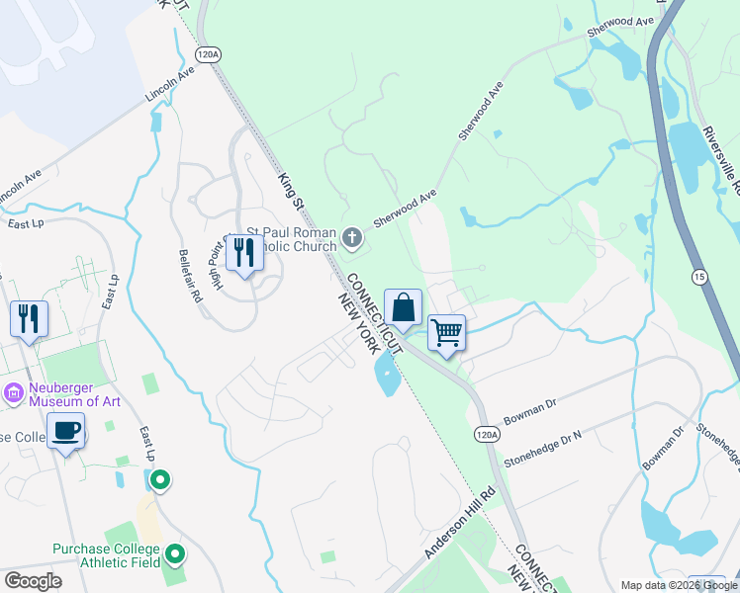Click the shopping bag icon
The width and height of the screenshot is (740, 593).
point(404,307)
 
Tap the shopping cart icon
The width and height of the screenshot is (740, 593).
point(447,333)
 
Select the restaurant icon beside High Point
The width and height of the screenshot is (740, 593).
point(243,253)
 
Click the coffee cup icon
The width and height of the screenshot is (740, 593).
point(66,431)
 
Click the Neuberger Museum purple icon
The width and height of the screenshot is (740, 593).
point(14,392)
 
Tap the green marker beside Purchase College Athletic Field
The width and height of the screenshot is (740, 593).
point(175,553)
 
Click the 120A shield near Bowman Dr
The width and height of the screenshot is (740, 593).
point(486,433)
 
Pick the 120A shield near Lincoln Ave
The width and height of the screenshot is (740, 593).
point(207,52)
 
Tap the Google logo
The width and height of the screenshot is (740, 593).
point(33,581)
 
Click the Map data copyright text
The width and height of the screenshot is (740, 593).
point(678,585)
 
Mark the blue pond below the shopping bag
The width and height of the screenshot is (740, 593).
point(385,376)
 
